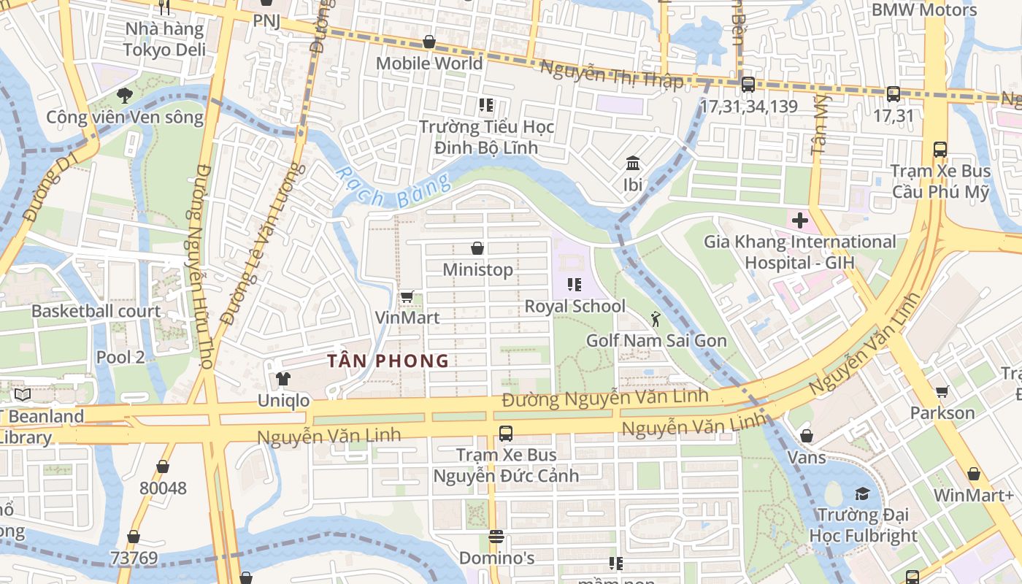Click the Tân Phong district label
(x=388, y=361)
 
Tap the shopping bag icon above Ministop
(x=477, y=248)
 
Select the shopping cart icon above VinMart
(x=407, y=296)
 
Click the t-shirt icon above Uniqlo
(x=283, y=379)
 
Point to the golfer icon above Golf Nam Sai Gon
(x=656, y=318)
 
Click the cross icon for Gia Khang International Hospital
(x=799, y=220)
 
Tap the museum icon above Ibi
(x=633, y=163)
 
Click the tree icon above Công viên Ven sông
(x=125, y=95)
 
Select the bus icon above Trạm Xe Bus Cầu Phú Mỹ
(x=940, y=150)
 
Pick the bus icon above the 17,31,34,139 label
(x=748, y=85)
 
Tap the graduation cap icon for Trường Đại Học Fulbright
(x=862, y=493)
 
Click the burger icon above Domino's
(x=496, y=537)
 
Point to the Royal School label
(x=575, y=306)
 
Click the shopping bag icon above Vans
(x=807, y=436)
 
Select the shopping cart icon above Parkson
(x=942, y=392)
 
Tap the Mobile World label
(x=429, y=64)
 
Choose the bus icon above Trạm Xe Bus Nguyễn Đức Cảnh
(x=505, y=434)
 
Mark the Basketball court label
(x=96, y=311)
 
